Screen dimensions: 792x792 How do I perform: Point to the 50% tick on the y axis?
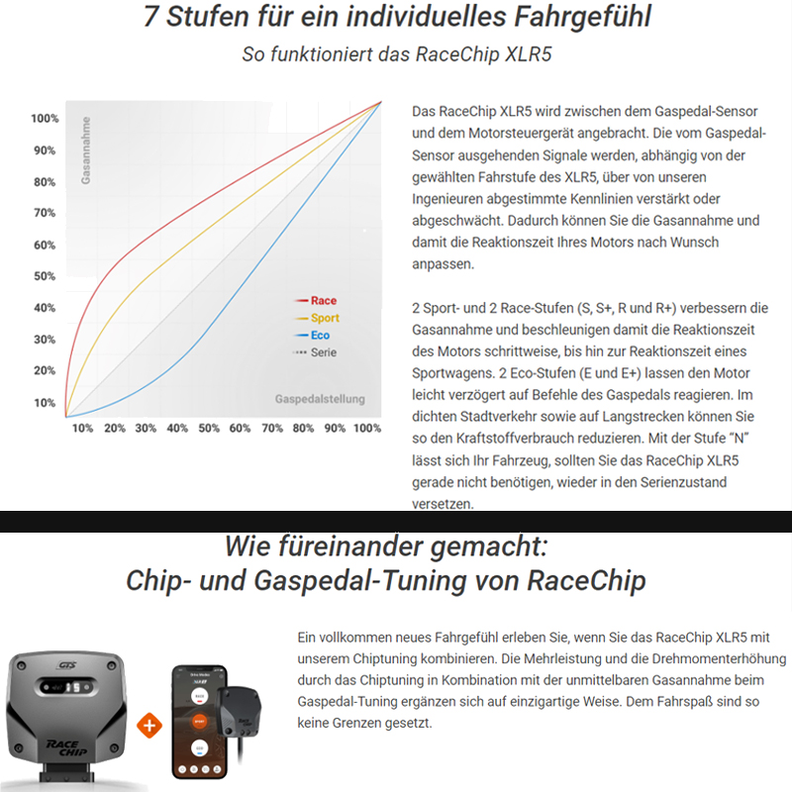(45, 276)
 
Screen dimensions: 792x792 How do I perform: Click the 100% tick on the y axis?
(45, 119)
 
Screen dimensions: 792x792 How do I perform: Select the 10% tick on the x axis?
(83, 429)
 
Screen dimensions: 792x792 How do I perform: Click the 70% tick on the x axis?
(271, 429)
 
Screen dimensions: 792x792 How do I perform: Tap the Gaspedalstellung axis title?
(319, 400)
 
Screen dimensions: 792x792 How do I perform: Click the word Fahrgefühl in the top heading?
(564, 19)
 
